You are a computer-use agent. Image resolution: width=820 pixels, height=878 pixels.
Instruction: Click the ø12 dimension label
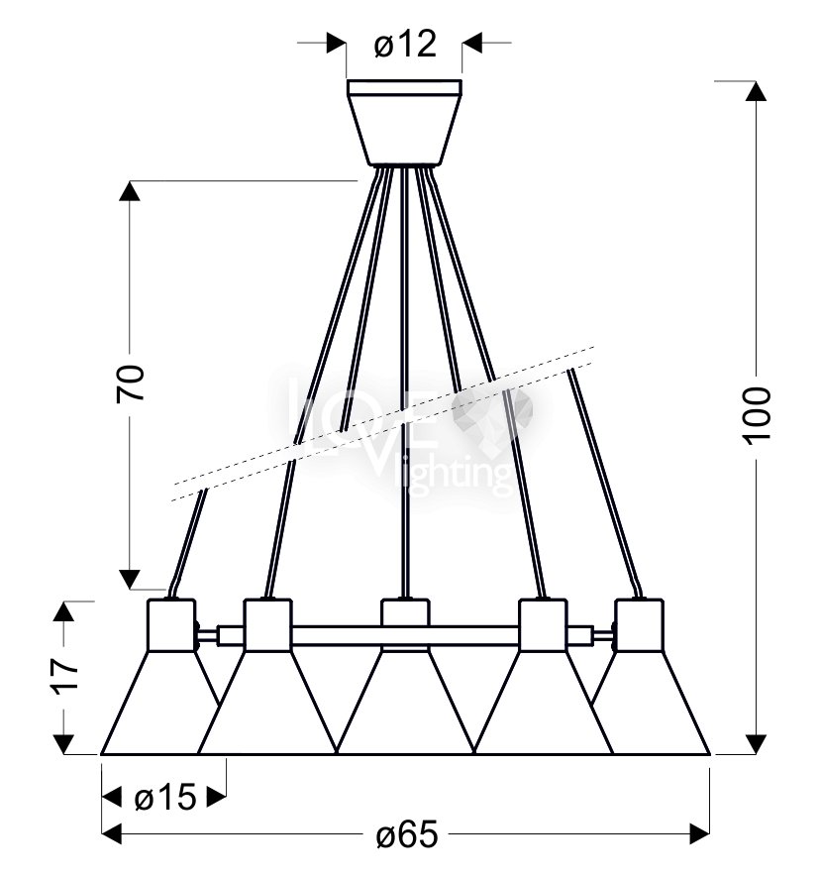405,45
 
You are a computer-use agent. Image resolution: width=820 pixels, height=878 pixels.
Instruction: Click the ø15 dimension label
165,797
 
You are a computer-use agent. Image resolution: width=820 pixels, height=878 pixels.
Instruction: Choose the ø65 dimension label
407,835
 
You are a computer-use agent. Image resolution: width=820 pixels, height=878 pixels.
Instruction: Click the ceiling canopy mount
404,123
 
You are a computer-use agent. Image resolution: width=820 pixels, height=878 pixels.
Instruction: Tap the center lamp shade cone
405,703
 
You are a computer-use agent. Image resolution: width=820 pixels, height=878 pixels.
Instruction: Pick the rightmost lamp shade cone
651,703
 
